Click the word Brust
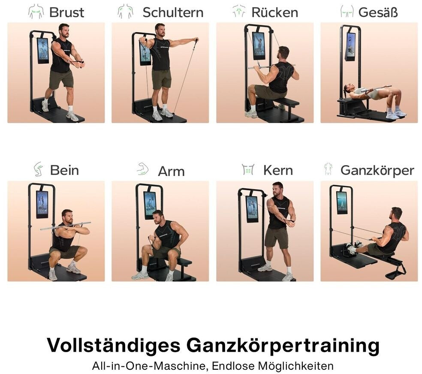67,12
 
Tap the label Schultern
173,12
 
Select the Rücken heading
275,12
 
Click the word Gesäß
378,12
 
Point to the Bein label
65,170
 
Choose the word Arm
171,171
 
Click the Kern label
278,170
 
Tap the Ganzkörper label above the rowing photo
377,171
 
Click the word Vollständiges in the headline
113,345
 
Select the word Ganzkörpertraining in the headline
283,346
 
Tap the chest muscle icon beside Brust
36,12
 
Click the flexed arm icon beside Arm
142,169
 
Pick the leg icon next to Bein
38,169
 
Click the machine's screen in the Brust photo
43,50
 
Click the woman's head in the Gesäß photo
347,88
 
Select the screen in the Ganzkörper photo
342,202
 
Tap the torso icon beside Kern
248,169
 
